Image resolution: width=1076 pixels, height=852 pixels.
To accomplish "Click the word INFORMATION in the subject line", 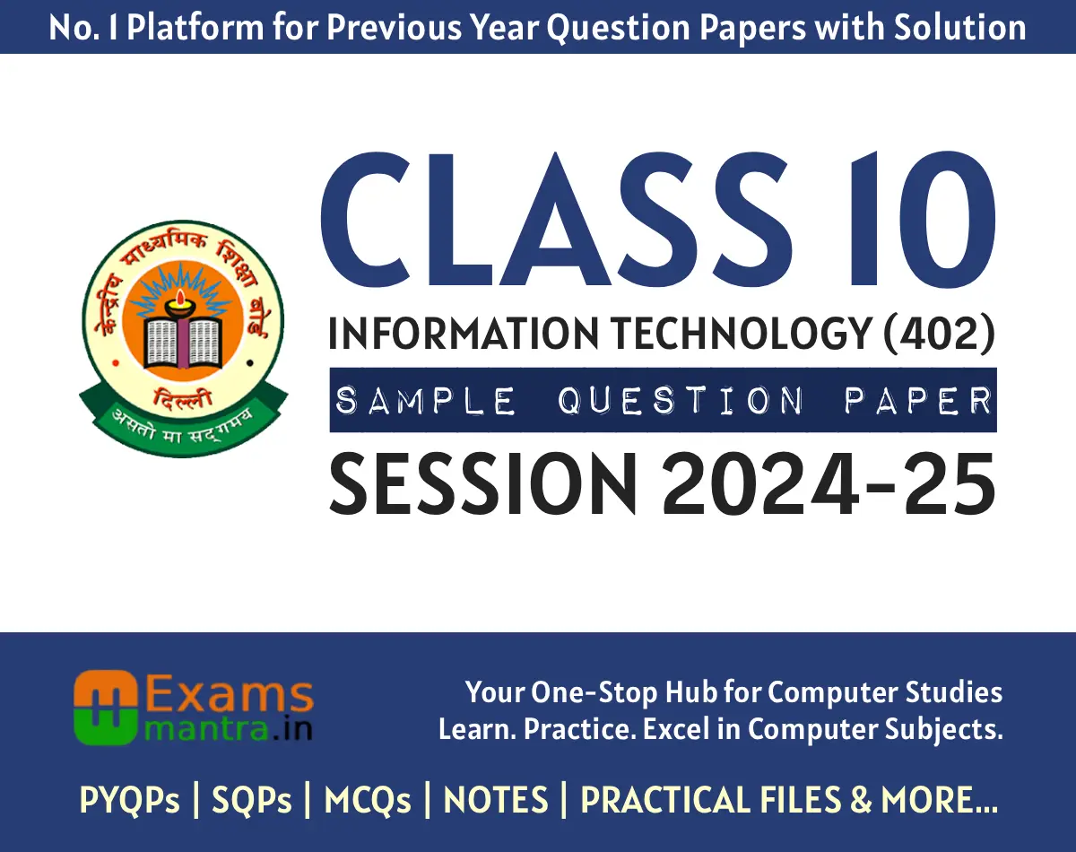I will pos(464,335).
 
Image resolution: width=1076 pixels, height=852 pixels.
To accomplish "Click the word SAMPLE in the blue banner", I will pos(426,401).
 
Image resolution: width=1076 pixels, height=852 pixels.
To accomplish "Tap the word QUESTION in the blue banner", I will pos(681,401).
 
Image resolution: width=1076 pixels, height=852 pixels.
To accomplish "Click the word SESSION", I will pos(484,484).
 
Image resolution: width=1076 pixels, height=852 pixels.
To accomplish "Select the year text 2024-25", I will pos(829,484).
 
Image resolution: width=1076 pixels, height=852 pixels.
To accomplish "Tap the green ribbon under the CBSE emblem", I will pos(184,417).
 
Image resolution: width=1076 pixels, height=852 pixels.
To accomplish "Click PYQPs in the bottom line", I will pos(130,800).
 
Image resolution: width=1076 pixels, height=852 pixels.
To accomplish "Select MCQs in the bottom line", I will pos(368,800).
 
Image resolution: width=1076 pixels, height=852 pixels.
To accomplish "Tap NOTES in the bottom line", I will pos(496,800).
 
